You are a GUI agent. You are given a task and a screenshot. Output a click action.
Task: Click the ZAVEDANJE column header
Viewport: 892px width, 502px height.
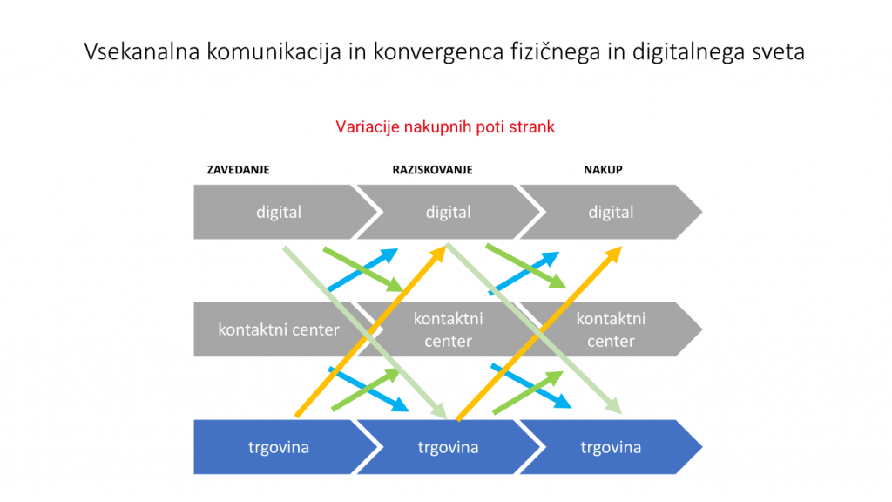point(238,170)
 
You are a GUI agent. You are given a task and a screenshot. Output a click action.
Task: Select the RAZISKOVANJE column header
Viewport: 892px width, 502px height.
point(432,170)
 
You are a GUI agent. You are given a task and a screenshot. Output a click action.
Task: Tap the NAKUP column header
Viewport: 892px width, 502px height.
point(603,170)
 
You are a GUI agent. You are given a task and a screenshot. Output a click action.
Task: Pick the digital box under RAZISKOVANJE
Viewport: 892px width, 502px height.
point(449,212)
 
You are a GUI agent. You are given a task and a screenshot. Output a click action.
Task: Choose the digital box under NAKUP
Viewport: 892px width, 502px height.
point(611,212)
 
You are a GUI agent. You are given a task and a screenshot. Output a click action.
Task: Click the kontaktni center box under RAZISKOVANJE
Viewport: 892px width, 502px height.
point(449,329)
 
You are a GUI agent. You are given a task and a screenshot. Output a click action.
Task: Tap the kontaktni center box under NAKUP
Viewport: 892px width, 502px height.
point(611,329)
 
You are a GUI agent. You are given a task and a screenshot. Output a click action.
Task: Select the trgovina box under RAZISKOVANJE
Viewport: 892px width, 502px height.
point(449,447)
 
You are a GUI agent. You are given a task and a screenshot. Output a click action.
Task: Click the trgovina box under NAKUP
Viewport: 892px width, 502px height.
point(611,447)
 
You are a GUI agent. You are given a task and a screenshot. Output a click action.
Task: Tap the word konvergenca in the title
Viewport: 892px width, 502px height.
point(439,52)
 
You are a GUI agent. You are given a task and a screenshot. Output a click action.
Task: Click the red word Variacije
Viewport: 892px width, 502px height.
point(368,127)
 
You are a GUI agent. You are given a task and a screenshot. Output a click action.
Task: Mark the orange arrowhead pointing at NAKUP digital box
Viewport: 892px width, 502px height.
point(613,254)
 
